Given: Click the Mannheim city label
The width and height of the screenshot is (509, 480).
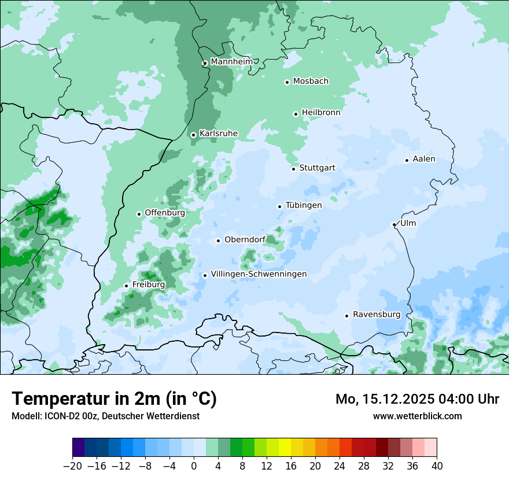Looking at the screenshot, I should coord(231,61).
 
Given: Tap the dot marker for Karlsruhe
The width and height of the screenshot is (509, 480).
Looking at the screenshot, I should coord(193,135).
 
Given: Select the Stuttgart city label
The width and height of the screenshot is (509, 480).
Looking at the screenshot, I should coord(317,168).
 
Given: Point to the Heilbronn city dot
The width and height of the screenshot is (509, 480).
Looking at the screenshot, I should coord(296,114).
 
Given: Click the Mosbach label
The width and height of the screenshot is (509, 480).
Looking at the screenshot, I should coord(311,81).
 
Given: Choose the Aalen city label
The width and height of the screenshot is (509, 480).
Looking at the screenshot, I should coord(424,159).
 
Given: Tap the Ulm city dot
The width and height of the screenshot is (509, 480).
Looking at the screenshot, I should coord(394,224).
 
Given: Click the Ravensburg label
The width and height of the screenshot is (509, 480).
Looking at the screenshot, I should coord(377,314).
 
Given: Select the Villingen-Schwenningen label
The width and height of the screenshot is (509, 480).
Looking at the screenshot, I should coord(259,274).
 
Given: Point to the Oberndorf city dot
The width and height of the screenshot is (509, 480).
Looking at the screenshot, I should coord(218,241).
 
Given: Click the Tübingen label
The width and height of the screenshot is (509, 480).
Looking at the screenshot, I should coord(304,205).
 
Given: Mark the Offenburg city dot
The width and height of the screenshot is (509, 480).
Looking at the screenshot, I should coord(139,214).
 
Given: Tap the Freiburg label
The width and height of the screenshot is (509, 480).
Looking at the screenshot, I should coord(149,285).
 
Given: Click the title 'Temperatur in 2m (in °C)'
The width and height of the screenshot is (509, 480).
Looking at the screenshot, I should coord(114,398).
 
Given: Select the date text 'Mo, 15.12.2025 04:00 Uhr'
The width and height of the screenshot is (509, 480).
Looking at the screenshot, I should coord(417,399).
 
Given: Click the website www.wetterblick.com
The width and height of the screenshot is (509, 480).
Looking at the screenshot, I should coord(417,416).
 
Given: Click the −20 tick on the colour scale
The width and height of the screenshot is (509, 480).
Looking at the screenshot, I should coord(72,466).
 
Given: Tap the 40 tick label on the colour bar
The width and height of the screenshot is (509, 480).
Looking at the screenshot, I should coord(437,466).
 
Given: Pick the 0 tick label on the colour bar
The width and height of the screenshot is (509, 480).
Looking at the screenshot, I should coord(194,466).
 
